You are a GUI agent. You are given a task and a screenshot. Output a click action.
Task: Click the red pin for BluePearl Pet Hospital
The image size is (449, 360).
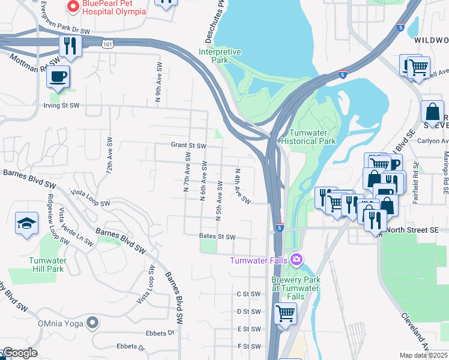pyautogui.click(x=73, y=7)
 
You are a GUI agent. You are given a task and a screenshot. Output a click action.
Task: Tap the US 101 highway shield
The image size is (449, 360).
pyautogui.click(x=107, y=44)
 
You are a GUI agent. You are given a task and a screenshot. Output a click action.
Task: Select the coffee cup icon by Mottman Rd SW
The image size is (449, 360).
pyautogui.click(x=58, y=77)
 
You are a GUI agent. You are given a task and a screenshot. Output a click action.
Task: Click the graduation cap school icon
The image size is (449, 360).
pyautogui.click(x=26, y=224)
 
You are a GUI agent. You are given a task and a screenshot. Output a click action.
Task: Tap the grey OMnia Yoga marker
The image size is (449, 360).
pyautogui.click(x=92, y=323)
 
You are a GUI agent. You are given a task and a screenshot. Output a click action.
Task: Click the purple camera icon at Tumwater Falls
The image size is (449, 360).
pyautogui.click(x=296, y=260)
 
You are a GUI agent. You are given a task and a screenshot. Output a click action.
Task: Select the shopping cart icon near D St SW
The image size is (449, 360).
pyautogui.click(x=285, y=313)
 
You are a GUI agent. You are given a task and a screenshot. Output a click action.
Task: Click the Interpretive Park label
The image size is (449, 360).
pyautogui.click(x=220, y=56)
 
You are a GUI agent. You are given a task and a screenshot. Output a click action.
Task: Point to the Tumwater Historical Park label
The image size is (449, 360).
pyautogui.click(x=312, y=137)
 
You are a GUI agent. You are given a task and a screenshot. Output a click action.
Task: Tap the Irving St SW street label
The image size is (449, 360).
pyautogui.click(x=63, y=106)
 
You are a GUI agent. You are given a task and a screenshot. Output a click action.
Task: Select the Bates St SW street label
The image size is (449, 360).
pyautogui.click(x=217, y=237)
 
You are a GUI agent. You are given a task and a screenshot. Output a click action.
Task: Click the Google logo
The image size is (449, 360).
pyautogui.click(x=19, y=353)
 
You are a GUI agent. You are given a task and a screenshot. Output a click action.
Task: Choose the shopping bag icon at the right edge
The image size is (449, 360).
pyautogui.click(x=432, y=112)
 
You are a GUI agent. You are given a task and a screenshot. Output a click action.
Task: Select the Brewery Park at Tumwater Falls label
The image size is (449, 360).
pyautogui.click(x=297, y=284)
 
